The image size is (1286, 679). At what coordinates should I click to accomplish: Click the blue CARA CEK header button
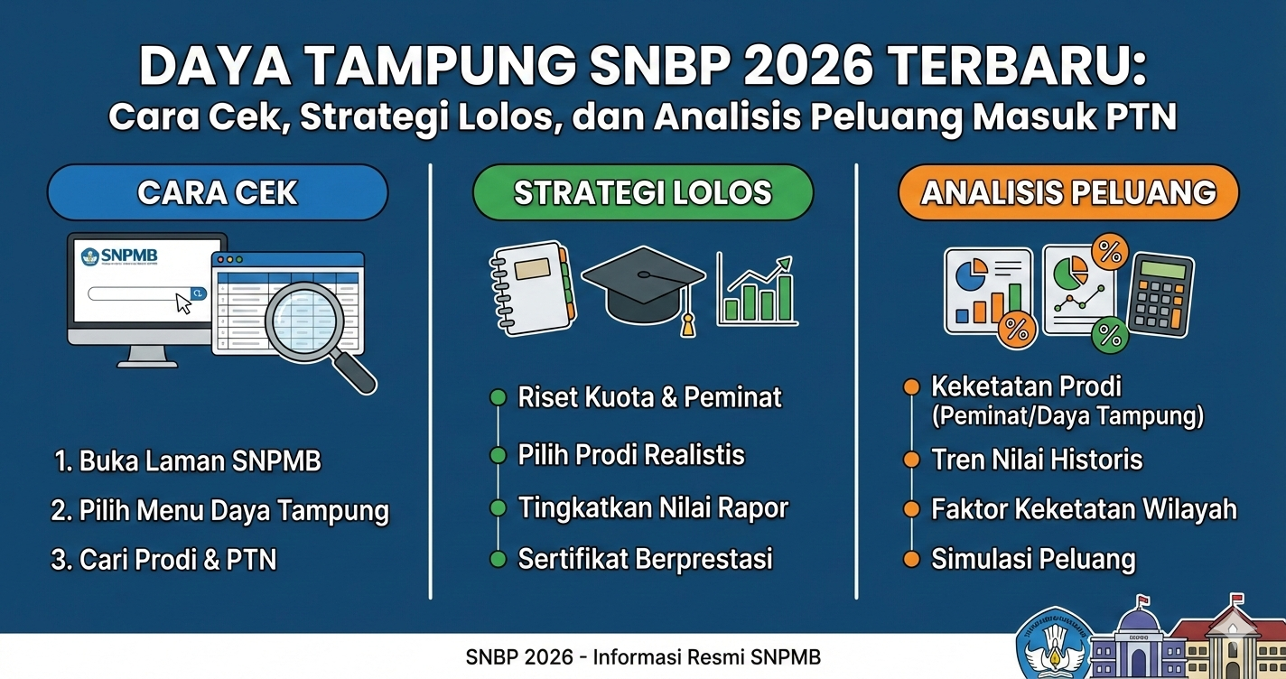coord(217,192)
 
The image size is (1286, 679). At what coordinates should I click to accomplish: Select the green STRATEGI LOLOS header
coord(642,192)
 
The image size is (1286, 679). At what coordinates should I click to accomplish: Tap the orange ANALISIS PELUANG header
coord(1068,192)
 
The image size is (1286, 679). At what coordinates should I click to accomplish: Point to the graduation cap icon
coord(643,284)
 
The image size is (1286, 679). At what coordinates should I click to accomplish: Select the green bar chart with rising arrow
coord(757,291)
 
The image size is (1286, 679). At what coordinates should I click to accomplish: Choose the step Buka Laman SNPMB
coord(188,461)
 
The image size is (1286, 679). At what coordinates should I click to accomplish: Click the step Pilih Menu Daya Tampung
coord(219,511)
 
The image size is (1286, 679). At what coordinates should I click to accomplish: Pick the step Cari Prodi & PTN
coord(164,560)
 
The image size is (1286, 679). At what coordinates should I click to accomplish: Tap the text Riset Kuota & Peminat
coord(649,397)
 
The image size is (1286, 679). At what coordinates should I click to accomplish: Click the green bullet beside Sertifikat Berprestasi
coord(498,560)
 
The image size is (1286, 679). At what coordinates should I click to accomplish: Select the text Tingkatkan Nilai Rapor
coord(653,507)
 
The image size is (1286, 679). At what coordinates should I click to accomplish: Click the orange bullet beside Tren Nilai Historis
coord(911,460)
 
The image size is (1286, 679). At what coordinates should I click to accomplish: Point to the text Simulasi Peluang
coord(1033,559)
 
